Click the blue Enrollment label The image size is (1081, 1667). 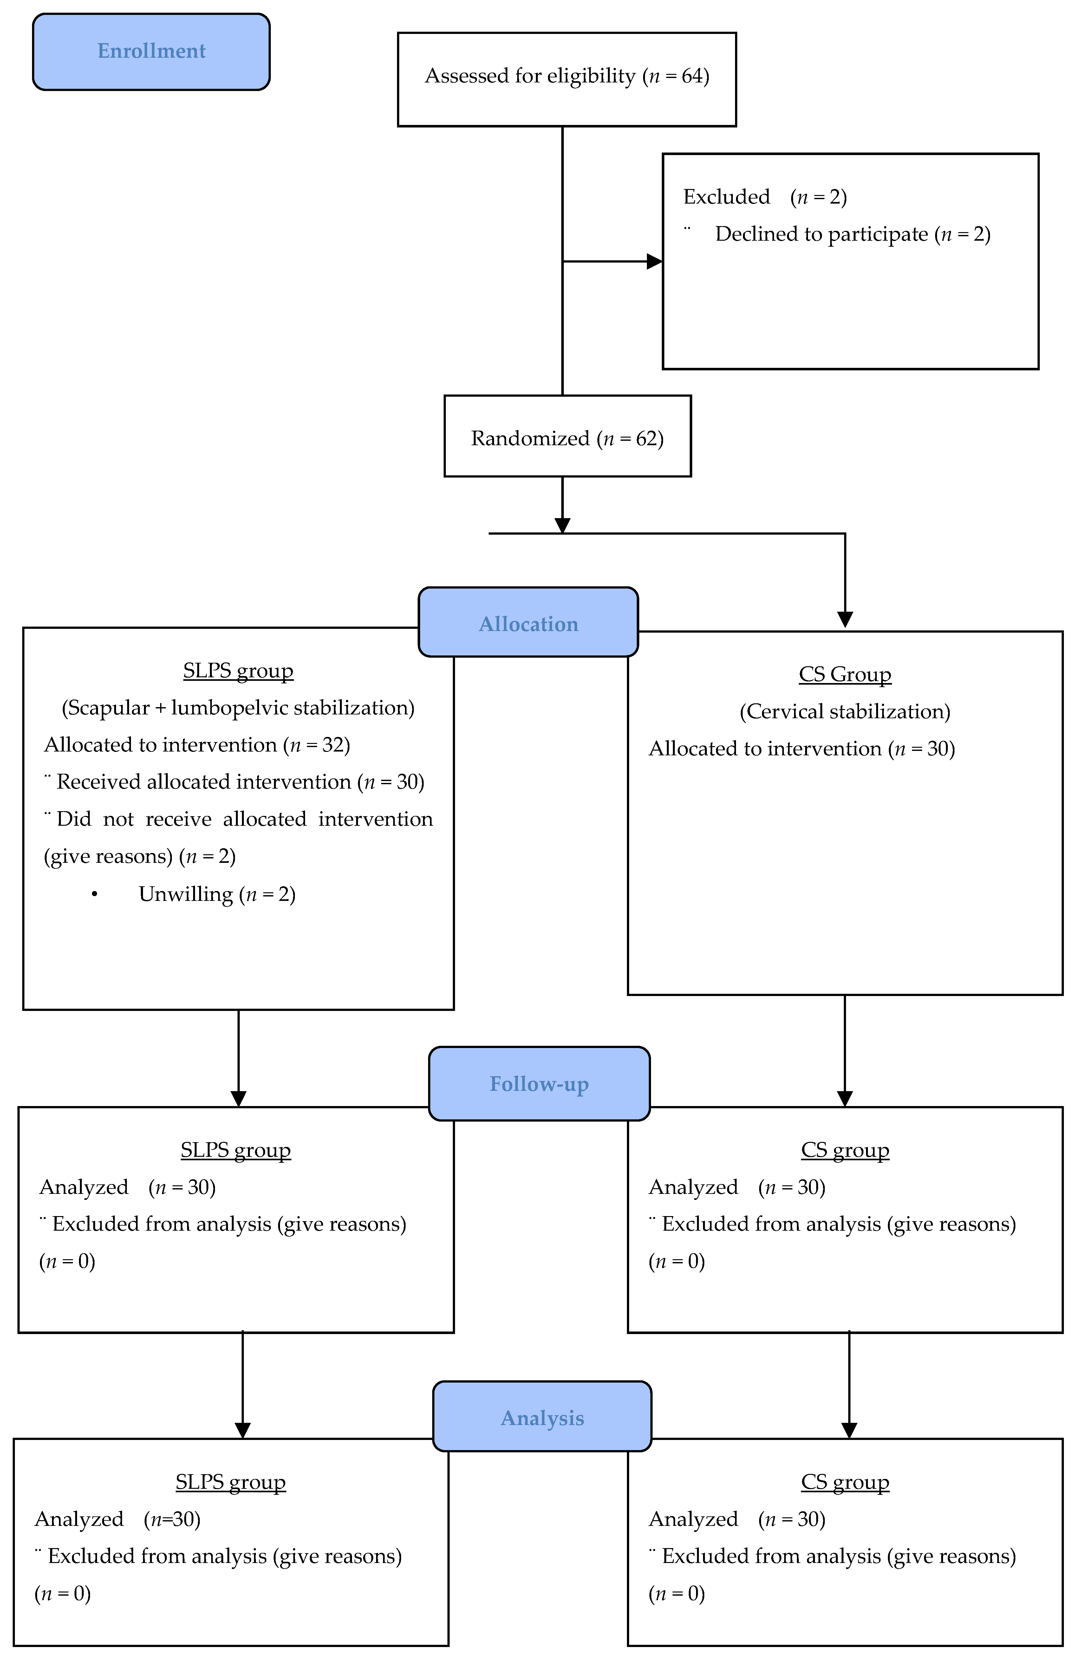click(151, 51)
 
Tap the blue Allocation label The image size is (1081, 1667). click(528, 623)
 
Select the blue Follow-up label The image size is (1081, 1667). click(539, 1084)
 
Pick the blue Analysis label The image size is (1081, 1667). click(542, 1418)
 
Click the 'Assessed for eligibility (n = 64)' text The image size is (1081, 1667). click(567, 76)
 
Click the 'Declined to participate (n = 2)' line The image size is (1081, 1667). click(852, 234)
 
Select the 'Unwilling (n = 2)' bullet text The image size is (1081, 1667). click(217, 895)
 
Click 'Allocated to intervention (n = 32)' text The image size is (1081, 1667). click(197, 745)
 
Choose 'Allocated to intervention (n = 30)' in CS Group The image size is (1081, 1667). click(801, 749)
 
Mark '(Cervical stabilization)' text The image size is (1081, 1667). click(845, 712)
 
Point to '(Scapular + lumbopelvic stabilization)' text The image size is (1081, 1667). click(238, 708)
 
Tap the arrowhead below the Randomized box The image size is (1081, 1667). click(563, 525)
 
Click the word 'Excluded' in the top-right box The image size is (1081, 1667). click(726, 197)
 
